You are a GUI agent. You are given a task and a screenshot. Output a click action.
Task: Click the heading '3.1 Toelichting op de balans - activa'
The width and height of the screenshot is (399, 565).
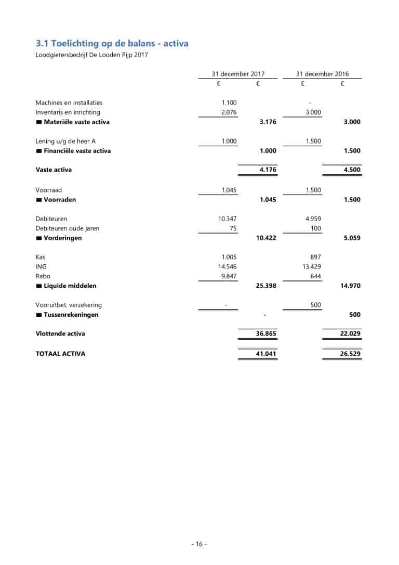click(112, 43)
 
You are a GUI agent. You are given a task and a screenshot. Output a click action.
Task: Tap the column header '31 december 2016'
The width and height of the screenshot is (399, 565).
click(322, 74)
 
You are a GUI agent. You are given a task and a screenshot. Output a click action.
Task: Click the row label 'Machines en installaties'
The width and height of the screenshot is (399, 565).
click(69, 102)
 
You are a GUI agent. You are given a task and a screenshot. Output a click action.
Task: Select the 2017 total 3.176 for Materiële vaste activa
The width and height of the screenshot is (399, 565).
click(268, 122)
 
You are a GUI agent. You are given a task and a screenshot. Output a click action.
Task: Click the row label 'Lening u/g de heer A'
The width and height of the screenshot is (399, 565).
click(65, 141)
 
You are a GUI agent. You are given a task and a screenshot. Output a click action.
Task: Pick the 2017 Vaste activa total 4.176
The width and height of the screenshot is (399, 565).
click(268, 170)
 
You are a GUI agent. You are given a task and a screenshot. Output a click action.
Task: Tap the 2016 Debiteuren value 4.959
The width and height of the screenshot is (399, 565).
click(313, 219)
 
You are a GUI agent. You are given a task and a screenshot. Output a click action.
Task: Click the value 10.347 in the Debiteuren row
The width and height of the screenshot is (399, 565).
click(228, 219)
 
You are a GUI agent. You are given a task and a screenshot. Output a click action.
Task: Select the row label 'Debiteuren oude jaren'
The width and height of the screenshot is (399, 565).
click(68, 228)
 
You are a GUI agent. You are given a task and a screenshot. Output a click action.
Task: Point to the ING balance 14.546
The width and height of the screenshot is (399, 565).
click(228, 266)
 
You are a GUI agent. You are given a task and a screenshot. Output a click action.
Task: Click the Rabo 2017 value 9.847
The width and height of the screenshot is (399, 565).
click(229, 276)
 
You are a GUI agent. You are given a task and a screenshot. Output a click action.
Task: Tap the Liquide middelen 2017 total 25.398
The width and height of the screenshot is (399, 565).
click(266, 286)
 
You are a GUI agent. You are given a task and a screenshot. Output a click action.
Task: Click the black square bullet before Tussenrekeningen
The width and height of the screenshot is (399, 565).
click(38, 315)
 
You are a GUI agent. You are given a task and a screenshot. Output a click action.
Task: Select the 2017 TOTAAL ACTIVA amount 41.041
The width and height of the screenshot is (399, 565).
click(266, 354)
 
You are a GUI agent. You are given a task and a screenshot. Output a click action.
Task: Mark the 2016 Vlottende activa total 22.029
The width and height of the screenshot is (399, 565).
click(350, 333)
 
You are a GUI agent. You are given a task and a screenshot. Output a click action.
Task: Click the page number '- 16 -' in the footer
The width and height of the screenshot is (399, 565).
click(199, 544)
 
